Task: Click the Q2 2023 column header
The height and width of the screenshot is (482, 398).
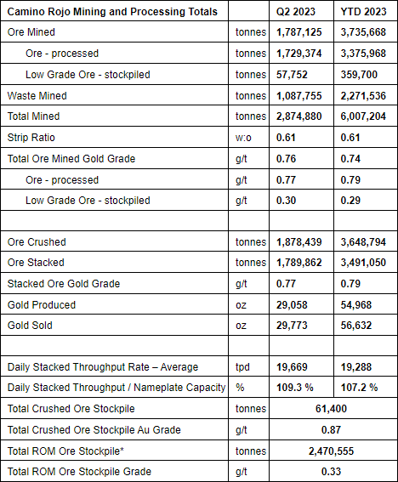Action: tap(296, 12)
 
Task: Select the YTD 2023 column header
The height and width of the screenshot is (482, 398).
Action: tap(363, 12)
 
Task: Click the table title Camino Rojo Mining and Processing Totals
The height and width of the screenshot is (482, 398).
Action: tap(112, 12)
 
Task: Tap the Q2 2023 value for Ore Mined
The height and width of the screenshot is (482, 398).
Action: tap(299, 32)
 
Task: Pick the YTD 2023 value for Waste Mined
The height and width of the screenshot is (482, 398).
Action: tap(363, 96)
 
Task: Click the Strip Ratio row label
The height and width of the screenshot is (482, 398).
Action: tap(31, 138)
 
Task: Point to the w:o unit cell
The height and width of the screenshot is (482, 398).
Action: tap(243, 138)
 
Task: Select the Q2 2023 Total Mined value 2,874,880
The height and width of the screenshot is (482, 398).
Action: tap(299, 116)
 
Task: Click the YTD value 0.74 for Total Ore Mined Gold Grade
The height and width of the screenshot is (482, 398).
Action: tap(350, 159)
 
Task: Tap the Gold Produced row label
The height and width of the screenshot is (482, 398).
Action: tap(42, 305)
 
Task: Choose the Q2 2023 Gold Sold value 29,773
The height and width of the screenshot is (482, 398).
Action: tap(292, 326)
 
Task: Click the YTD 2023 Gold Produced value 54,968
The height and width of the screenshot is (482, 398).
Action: tap(355, 305)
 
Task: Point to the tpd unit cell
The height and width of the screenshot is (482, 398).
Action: tap(242, 367)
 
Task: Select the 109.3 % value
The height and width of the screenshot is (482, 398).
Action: tap(294, 388)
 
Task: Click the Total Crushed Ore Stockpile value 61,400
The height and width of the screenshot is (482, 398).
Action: tap(331, 409)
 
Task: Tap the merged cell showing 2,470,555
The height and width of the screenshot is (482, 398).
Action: tap(332, 451)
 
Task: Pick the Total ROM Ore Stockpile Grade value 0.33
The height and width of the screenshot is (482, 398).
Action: tap(331, 472)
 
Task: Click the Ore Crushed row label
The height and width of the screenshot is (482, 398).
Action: tap(37, 242)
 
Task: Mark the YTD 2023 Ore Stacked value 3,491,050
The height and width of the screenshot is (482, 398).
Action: tap(363, 263)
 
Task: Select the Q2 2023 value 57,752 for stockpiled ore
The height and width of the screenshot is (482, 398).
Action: tap(292, 75)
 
